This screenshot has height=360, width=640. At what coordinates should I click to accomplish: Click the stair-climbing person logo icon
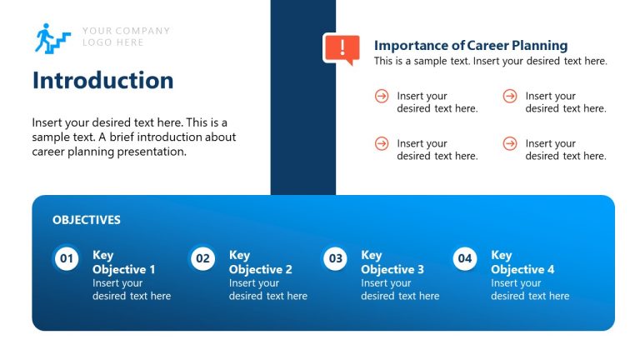pyautogui.click(x=52, y=38)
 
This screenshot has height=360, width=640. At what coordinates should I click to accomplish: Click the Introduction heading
pyautogui.click(x=102, y=80)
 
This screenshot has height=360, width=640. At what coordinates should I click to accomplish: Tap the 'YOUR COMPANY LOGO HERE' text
pyautogui.click(x=126, y=37)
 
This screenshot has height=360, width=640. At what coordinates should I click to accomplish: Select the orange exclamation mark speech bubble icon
pyautogui.click(x=341, y=48)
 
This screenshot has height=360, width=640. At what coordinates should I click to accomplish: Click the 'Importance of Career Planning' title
pyautogui.click(x=471, y=46)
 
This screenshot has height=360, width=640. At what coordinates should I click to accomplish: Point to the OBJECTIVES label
pyautogui.click(x=87, y=220)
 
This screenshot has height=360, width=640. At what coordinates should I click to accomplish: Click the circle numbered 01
pyautogui.click(x=67, y=258)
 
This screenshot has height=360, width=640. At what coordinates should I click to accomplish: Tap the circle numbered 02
pyautogui.click(x=202, y=258)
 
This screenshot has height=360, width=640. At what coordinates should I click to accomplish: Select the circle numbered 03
pyautogui.click(x=335, y=258)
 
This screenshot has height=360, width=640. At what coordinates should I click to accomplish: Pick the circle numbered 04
pyautogui.click(x=465, y=258)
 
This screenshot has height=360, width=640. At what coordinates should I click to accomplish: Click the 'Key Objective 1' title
pyautogui.click(x=123, y=262)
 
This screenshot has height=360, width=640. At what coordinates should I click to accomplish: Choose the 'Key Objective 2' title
pyautogui.click(x=260, y=262)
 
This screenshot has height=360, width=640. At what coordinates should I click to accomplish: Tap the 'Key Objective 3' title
pyautogui.click(x=392, y=262)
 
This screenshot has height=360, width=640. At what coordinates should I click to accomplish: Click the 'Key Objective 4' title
pyautogui.click(x=522, y=262)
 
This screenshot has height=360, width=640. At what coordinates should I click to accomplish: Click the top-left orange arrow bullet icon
pyautogui.click(x=382, y=97)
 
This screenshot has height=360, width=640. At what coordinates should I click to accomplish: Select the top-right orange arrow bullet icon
pyautogui.click(x=510, y=97)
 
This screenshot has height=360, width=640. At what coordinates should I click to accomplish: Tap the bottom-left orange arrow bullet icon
pyautogui.click(x=382, y=143)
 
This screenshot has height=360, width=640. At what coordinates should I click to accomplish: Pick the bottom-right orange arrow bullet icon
pyautogui.click(x=510, y=143)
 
